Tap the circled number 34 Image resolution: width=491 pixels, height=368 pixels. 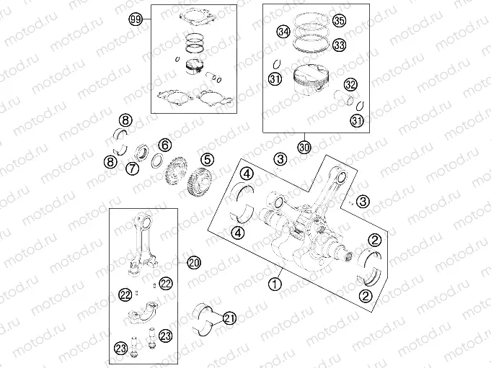pyautogui.click(x=283, y=32)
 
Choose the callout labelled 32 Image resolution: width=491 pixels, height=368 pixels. pyautogui.click(x=350, y=84)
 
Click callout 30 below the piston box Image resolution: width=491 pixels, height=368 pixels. pyautogui.click(x=304, y=147)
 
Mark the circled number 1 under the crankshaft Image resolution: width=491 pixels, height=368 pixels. pyautogui.click(x=274, y=284)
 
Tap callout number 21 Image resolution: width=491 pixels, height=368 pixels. pyautogui.click(x=229, y=318)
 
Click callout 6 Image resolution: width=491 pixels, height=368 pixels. pyautogui.click(x=164, y=145)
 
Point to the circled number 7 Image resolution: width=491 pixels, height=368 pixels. pyautogui.click(x=133, y=169)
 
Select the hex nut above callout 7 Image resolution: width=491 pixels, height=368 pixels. pyautogui.click(x=142, y=152)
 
